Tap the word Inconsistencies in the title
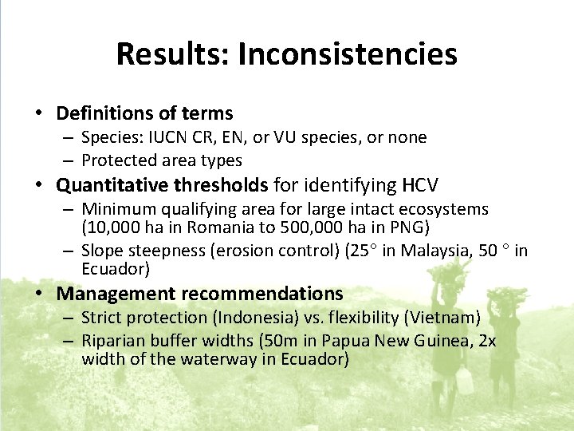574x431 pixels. (348, 54)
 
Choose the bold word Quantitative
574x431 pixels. (107, 186)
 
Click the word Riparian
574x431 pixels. (112, 341)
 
